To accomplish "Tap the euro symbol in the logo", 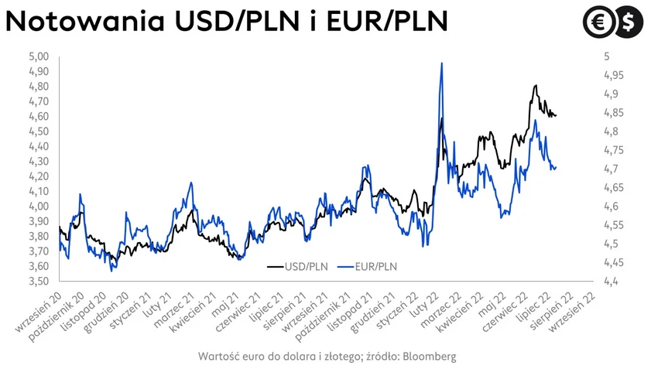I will [598, 22].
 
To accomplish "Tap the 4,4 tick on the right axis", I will [610, 282].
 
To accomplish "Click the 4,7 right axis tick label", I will [610, 169].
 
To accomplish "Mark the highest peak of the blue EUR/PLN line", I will [441, 63].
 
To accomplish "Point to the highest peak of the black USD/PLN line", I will [536, 85].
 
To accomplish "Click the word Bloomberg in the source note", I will [428, 356].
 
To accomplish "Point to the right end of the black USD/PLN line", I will [556, 116].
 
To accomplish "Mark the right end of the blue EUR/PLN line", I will [556, 167].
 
